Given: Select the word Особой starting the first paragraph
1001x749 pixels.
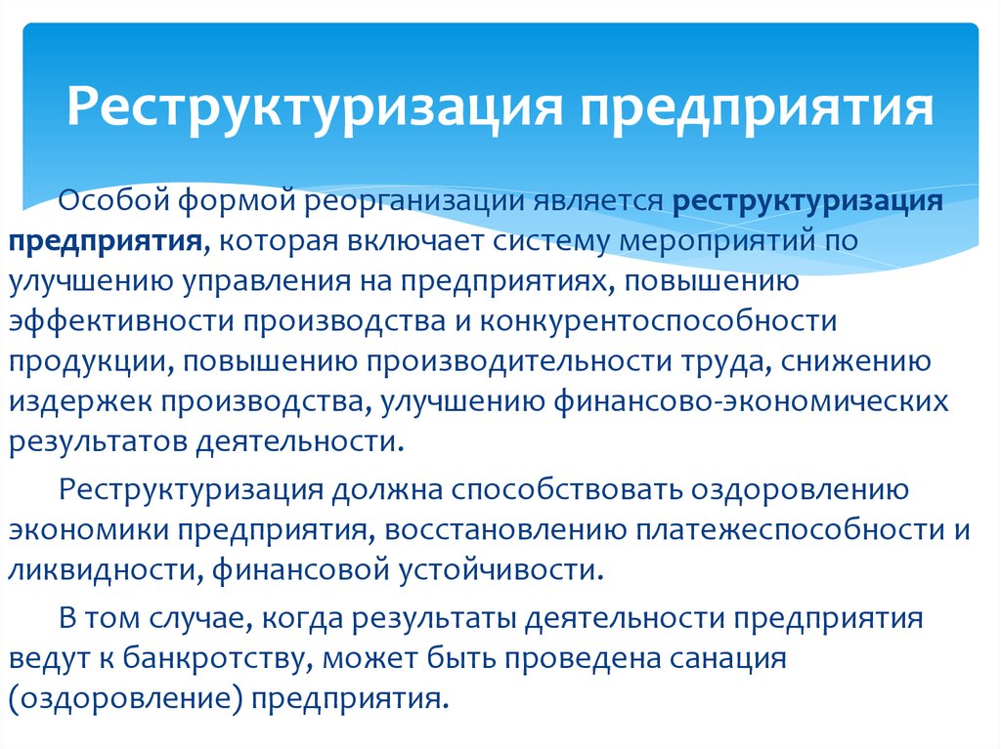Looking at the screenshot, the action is [x=113, y=199].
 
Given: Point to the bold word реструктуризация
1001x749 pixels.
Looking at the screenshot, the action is [x=807, y=201].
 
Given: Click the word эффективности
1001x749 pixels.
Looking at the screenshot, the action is [x=121, y=321].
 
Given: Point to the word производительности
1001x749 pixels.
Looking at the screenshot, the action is [x=518, y=362].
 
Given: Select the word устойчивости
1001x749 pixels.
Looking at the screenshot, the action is [x=501, y=569].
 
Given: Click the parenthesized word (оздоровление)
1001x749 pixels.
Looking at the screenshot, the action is [x=126, y=699].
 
